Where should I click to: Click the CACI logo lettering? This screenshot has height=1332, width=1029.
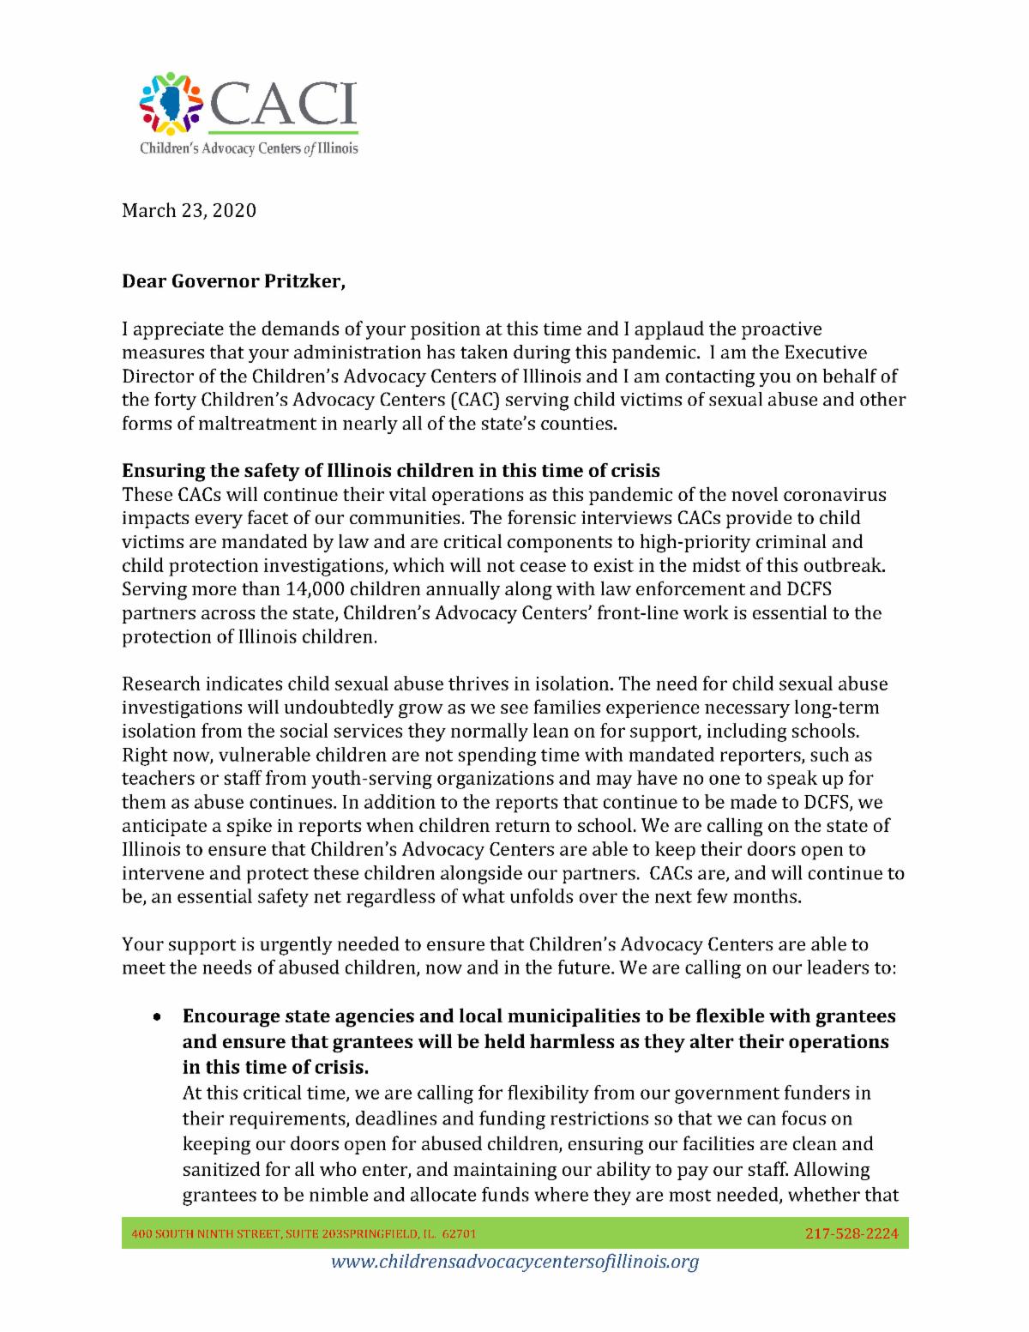pos(282,105)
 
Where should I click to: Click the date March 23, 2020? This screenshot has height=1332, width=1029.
pos(189,210)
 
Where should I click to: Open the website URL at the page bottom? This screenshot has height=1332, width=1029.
pos(514,1262)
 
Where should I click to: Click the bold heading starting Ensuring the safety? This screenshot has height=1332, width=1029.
pos(390,471)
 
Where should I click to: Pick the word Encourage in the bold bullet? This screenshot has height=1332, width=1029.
pos(226,1016)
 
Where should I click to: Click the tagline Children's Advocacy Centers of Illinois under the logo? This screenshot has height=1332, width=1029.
pos(249,148)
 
